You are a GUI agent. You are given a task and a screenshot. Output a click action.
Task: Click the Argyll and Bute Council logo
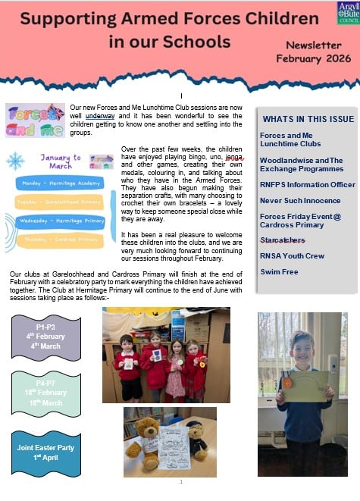[347, 13]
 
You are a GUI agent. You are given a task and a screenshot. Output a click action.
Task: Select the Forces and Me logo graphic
[35, 120]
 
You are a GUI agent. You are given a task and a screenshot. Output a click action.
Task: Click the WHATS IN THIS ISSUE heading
[308, 118]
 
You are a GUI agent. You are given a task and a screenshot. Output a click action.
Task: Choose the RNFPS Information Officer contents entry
[307, 183]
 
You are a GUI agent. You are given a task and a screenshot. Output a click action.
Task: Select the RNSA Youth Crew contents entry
[293, 255]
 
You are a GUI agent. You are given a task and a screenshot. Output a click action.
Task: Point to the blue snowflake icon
[15, 160]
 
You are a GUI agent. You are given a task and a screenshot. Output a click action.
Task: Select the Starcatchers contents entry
[283, 239]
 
